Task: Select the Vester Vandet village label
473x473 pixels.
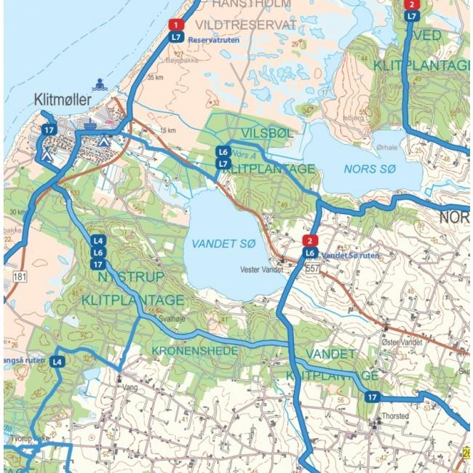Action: [x=262, y=269]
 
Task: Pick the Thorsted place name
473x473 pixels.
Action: [x=394, y=416]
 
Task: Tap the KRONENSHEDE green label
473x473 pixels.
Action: [x=195, y=351]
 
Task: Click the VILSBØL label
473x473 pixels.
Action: [x=267, y=132]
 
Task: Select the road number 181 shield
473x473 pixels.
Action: [x=20, y=277]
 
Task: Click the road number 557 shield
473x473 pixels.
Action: [x=313, y=269]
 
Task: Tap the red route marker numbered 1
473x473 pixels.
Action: [x=175, y=25]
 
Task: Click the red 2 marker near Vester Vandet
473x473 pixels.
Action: [x=310, y=241]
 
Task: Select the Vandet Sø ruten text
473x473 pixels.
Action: [x=351, y=256]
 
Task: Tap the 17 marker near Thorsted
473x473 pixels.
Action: [x=373, y=397]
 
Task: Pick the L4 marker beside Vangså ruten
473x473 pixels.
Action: [x=57, y=361]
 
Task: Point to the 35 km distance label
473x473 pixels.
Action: [x=155, y=76]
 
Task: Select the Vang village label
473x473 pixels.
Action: [x=131, y=388]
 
